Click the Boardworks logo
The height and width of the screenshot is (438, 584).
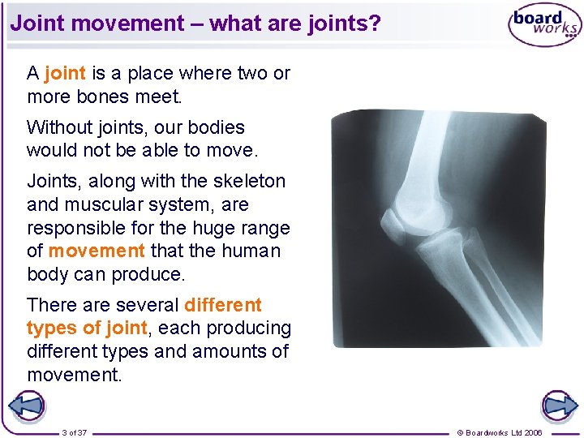(544, 26)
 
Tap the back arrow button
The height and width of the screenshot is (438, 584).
(26, 406)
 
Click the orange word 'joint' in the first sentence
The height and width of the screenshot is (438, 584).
(65, 74)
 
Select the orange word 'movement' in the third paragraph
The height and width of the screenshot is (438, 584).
(97, 251)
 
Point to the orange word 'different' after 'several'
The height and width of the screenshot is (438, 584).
(223, 306)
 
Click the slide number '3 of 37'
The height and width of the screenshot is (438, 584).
(75, 432)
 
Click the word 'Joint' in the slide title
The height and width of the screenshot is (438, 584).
(37, 23)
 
